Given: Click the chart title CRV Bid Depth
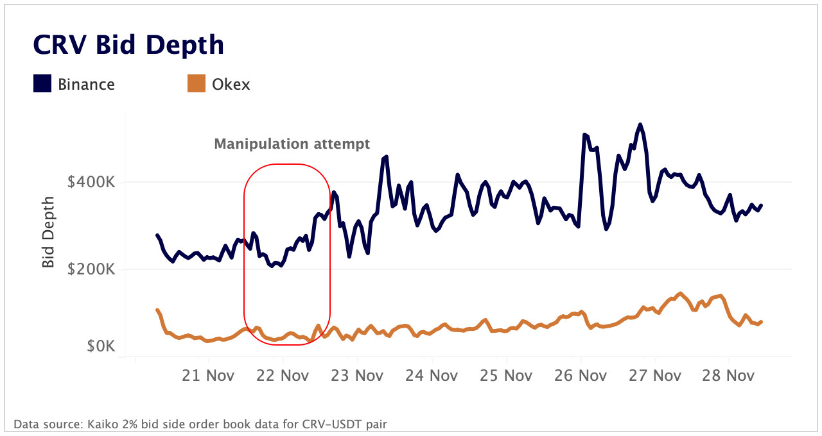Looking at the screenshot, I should click(128, 46).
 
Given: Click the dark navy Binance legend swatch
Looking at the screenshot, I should click(42, 83).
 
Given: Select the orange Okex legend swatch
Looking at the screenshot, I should click(197, 83).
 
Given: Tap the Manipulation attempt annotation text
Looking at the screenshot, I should click(292, 144).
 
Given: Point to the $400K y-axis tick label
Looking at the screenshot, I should click(91, 182).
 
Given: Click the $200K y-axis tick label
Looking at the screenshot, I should click(91, 269).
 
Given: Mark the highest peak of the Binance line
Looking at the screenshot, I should click(640, 124).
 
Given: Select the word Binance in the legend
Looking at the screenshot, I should click(86, 84).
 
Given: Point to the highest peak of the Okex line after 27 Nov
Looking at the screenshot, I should click(680, 293).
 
